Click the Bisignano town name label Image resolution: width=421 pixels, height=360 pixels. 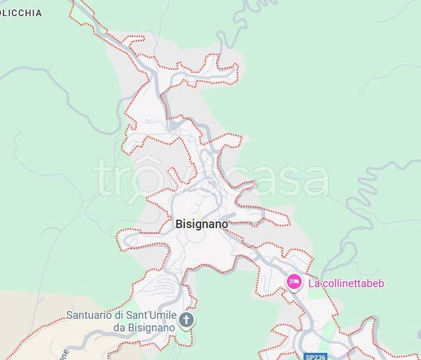202,224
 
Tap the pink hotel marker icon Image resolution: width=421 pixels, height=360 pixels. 294,282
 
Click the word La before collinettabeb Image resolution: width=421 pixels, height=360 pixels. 314,283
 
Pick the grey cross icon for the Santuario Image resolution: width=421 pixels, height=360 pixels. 187,321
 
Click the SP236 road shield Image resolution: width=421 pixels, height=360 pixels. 315,356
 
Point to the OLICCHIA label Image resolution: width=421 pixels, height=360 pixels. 21,13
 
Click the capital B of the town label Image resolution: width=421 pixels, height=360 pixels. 179,224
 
